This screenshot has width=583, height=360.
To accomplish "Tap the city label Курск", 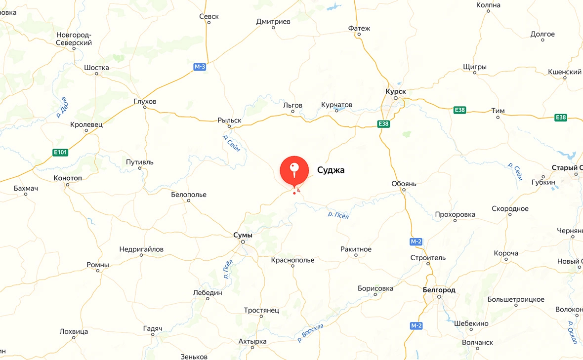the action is [395, 91].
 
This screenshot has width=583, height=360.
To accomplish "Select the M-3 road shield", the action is [199, 66].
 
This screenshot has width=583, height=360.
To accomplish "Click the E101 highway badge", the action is [60, 153].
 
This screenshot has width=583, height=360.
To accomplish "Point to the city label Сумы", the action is [243, 235].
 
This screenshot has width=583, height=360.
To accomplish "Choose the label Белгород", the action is [439, 290].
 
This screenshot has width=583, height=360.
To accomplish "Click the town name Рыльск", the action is [229, 120].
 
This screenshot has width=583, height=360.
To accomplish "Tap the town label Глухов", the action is [145, 101].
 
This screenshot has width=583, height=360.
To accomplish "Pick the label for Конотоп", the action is [68, 178].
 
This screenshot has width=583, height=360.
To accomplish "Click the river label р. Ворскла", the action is [311, 333].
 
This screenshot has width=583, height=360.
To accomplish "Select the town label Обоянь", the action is [404, 184].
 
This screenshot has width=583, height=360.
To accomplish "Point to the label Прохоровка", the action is [455, 214].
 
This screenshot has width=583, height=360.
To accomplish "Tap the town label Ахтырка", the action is [252, 341].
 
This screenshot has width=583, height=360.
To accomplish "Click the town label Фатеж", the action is [359, 28].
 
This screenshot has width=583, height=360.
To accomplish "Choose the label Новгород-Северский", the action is [74, 39].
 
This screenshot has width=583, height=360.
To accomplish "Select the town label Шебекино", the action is [471, 323].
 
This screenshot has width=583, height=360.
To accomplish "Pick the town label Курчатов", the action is [336, 105].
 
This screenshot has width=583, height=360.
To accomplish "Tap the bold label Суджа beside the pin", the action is [331, 170].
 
